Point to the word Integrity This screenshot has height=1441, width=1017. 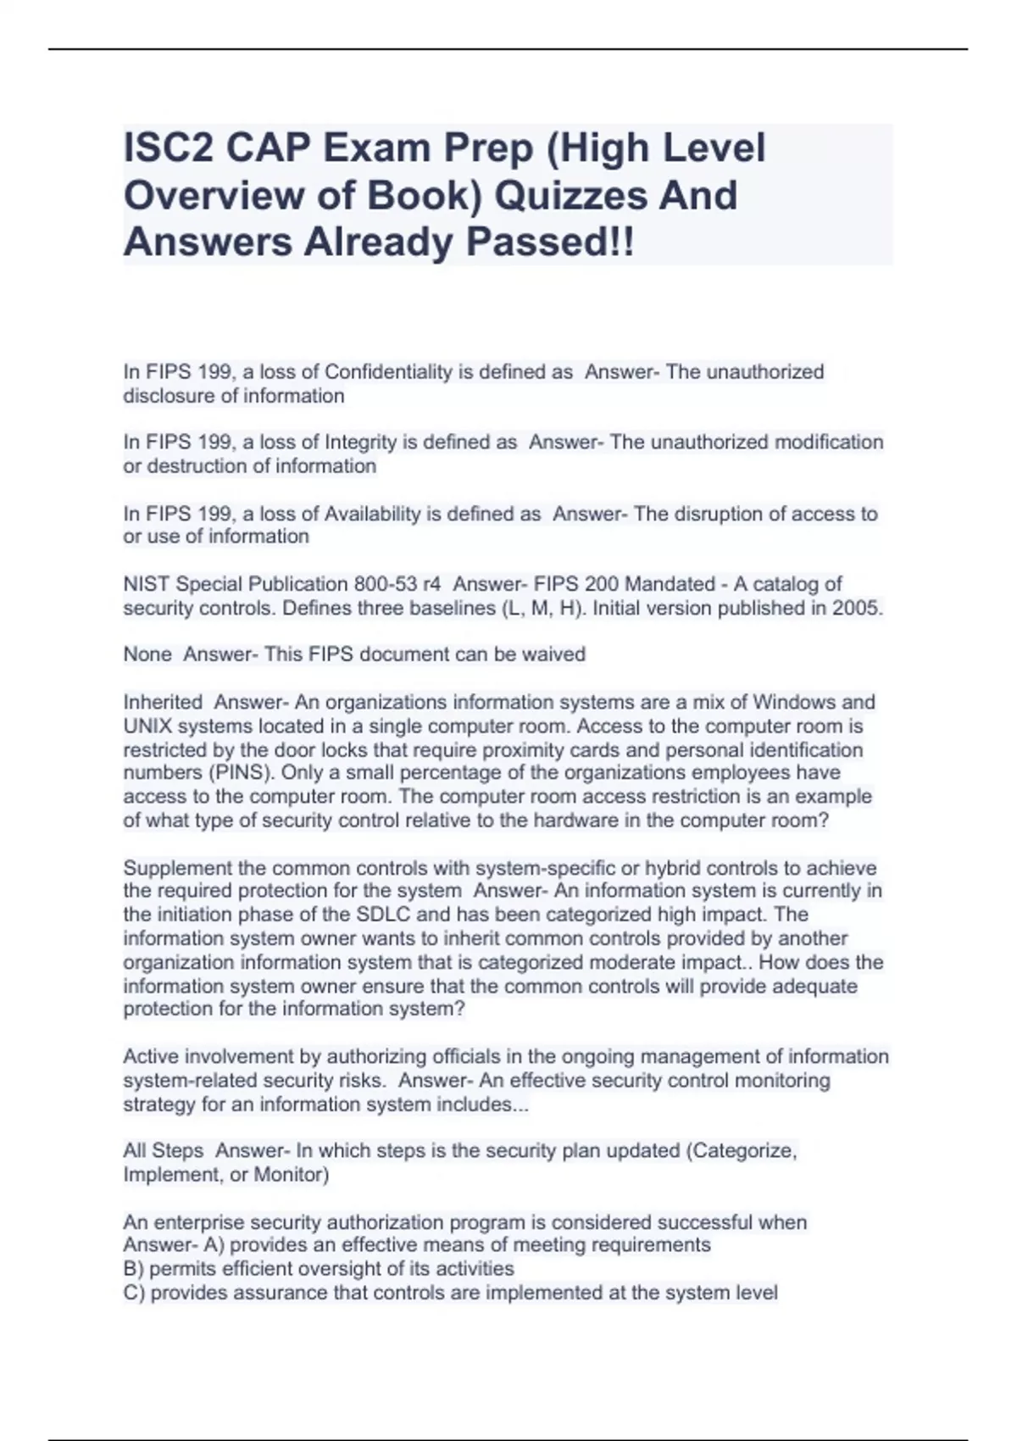point(361,442)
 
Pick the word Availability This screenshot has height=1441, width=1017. point(372,514)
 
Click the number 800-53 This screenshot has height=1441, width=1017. point(389,584)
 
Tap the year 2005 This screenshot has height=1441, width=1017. point(857,608)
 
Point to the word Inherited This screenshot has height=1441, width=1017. point(163,702)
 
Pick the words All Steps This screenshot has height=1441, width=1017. point(163,1151)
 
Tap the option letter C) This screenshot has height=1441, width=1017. point(134,1293)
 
